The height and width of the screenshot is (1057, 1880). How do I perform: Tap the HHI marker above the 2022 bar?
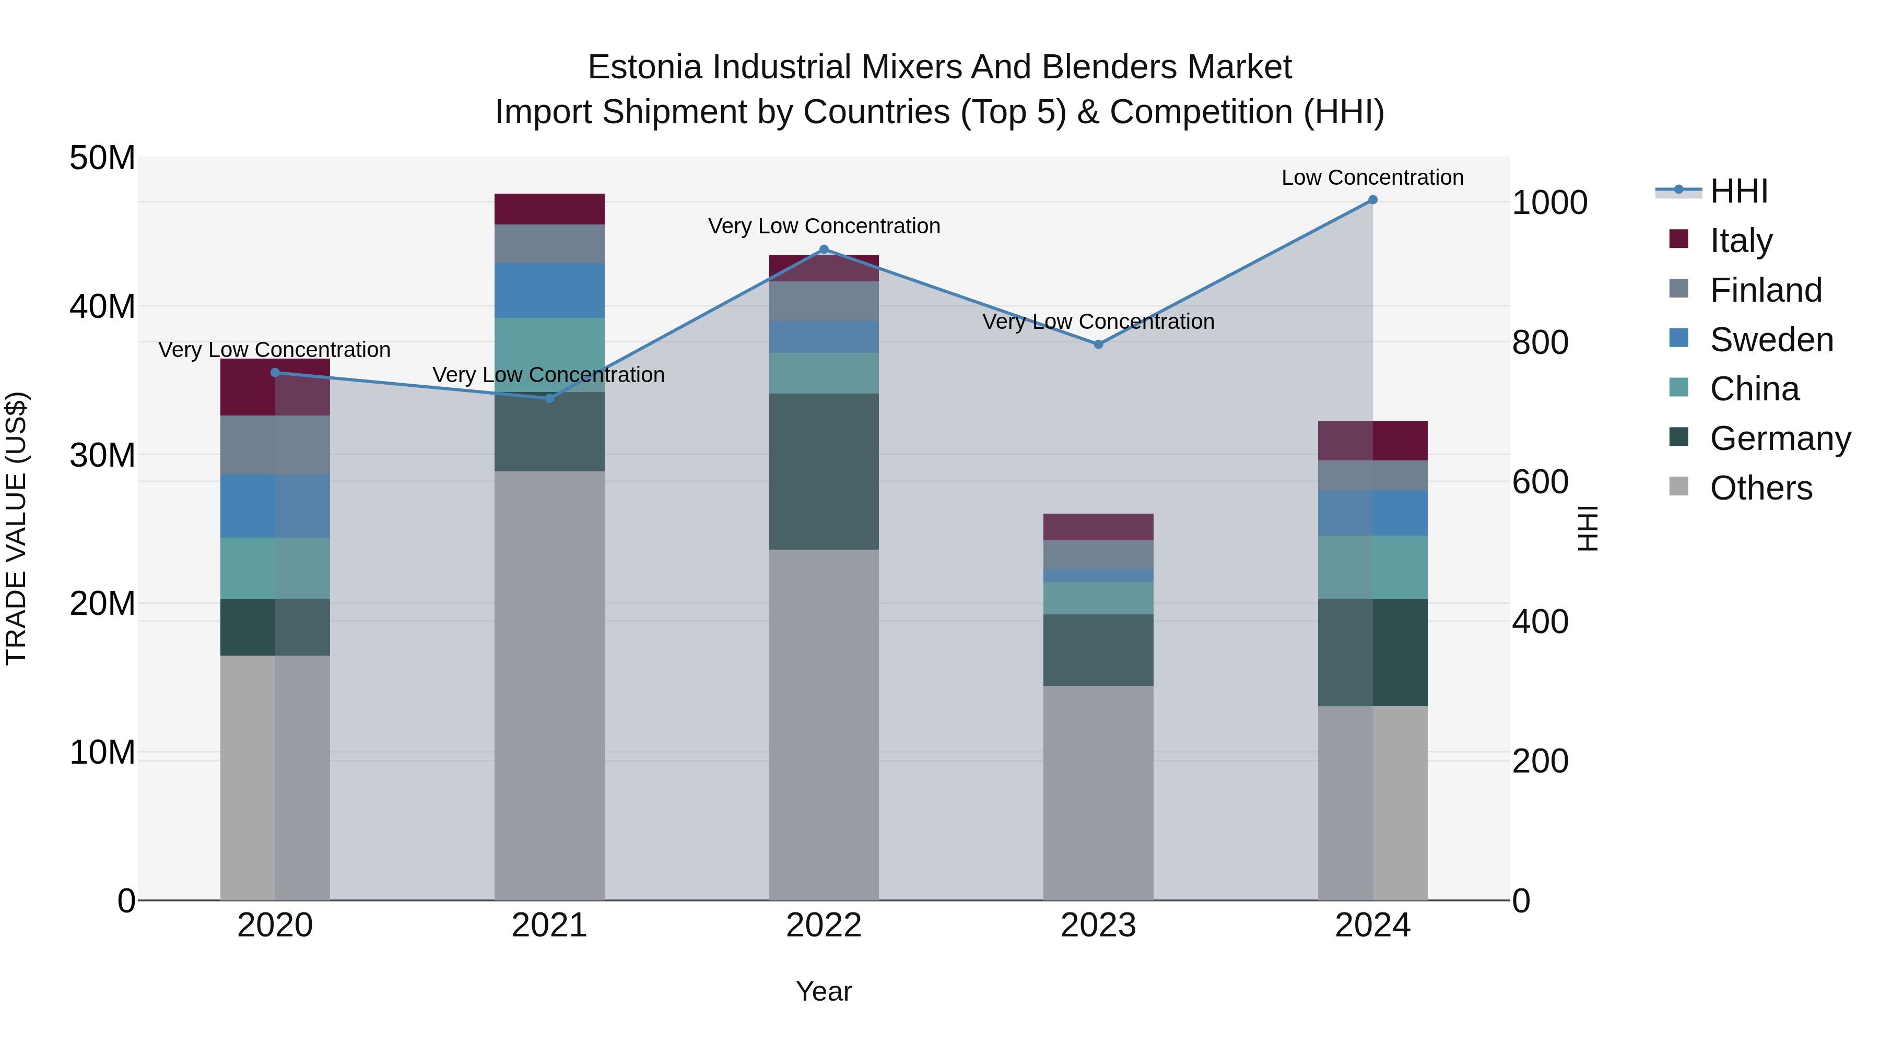click(824, 250)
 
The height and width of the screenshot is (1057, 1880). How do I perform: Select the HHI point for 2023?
click(1098, 345)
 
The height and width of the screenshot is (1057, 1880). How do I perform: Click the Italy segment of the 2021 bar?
click(549, 209)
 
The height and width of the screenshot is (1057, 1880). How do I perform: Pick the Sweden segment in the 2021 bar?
click(549, 290)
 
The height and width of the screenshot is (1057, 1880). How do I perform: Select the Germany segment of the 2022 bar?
click(824, 471)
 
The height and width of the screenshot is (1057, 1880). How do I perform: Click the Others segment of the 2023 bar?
click(1098, 792)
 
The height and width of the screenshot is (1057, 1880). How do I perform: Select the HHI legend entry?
click(1738, 191)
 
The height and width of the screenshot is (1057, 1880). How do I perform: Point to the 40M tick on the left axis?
click(102, 306)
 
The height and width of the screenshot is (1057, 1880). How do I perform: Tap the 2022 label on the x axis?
click(824, 925)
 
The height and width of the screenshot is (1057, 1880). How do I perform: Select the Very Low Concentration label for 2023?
click(1098, 321)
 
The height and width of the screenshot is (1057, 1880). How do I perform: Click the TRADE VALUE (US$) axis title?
click(16, 528)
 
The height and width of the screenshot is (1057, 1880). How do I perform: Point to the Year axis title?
click(824, 991)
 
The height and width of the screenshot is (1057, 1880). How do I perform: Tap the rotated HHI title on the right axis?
click(1588, 528)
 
